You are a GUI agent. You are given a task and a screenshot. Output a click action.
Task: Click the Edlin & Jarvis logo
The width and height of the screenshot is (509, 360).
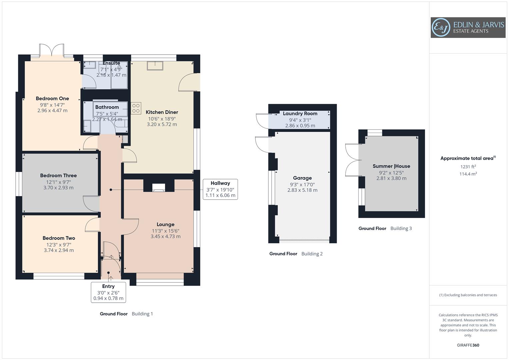coord(468,28)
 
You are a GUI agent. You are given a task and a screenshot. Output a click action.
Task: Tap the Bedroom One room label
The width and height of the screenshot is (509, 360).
coord(52,99)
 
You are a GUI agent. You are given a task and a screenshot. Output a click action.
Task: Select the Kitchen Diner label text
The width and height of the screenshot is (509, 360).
coord(162,112)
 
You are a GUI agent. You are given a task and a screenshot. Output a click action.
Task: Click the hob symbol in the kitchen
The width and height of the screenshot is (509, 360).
coord(136,108)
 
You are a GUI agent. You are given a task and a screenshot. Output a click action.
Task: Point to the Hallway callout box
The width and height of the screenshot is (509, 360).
coord(220,189)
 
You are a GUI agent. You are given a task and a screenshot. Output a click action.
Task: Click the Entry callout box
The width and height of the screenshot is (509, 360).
coord(108,292)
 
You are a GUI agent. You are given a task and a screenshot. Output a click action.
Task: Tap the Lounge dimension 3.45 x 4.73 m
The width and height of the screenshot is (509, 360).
coord(165,237)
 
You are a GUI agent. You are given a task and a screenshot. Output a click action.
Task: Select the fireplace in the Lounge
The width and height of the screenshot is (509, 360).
coord(159,188)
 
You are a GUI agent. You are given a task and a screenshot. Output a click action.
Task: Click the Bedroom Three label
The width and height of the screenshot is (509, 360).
coord(58,176)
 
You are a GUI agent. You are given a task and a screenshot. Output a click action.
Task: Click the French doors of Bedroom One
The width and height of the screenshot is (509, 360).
coord(52,50)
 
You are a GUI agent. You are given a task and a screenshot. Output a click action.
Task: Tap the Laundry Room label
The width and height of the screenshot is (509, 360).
coord(300,114)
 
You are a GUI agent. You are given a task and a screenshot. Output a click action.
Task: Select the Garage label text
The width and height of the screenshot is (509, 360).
coord(302,178)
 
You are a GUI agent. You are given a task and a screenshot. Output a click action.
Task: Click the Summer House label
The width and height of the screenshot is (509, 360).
coord(391,166)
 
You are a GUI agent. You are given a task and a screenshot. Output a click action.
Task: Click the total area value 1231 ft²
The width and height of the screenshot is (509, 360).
coord(468,167)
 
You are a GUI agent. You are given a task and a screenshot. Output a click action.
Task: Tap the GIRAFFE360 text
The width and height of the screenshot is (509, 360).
coord(468,345)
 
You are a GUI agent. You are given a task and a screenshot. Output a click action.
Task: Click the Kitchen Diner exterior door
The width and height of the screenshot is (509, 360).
coord(188,83)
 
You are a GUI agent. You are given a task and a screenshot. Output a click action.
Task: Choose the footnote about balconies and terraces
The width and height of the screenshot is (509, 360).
coord(468,295)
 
